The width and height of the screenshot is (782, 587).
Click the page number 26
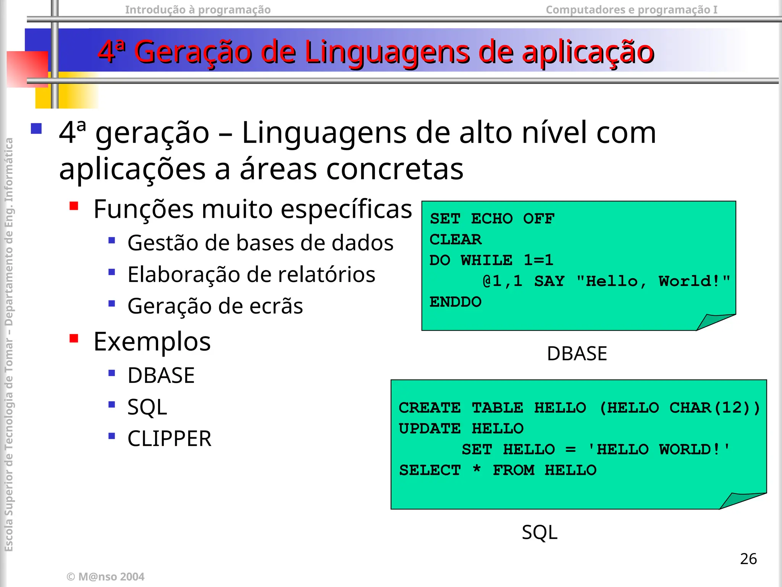[748, 559]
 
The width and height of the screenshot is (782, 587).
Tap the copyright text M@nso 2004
[106, 577]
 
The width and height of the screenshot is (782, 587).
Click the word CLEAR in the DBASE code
[456, 240]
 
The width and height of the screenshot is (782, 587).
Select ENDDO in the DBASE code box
[456, 302]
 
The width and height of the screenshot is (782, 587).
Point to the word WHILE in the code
[486, 260]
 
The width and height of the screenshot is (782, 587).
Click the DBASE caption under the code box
[577, 353]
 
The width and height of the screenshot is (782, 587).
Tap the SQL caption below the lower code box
[540, 532]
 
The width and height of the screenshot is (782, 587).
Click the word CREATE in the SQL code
[430, 408]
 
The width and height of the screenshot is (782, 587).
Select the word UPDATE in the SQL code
[430, 429]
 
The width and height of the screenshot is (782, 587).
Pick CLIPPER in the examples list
[169, 438]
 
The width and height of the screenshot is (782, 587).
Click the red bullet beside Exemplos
[74, 339]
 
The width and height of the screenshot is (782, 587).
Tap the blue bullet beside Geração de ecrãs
[112, 304]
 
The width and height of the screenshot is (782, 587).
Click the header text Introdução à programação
[198, 10]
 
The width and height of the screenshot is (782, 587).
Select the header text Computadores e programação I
[632, 10]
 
